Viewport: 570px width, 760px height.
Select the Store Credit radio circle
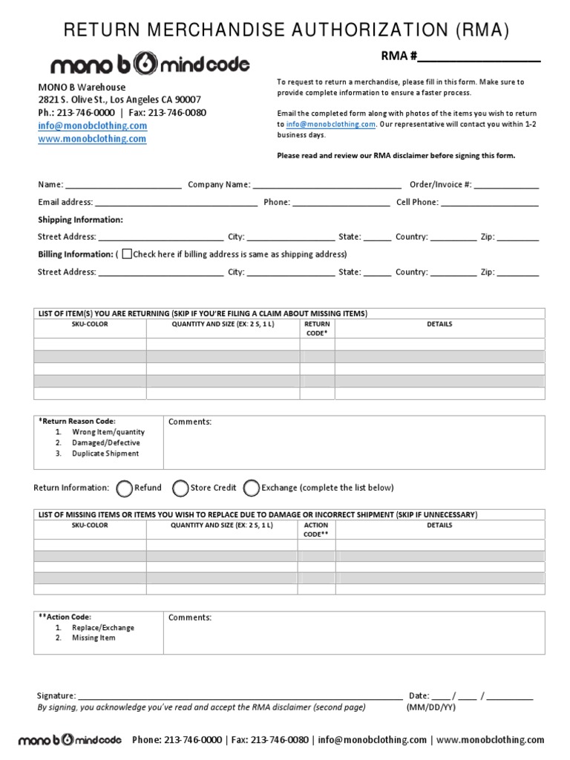(180, 488)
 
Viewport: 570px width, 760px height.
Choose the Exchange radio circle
(252, 488)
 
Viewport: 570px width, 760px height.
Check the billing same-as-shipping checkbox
(126, 254)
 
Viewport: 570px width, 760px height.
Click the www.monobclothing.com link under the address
(92, 139)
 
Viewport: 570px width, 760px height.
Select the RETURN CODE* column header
(317, 329)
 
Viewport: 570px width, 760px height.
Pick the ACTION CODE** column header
(316, 529)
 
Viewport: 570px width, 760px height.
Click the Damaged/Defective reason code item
(105, 442)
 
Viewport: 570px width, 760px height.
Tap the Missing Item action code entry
(94, 638)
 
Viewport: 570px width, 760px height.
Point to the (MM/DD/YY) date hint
(430, 707)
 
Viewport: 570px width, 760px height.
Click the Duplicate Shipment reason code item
(105, 453)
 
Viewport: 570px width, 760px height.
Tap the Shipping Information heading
(80, 220)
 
